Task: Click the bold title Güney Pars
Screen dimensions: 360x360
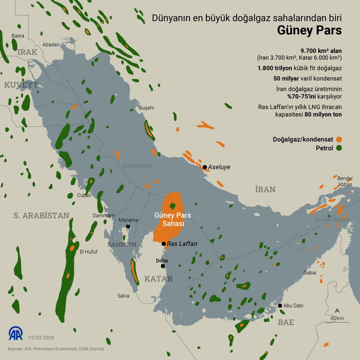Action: click(x=309, y=30)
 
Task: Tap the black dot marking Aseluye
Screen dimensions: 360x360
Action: click(x=205, y=167)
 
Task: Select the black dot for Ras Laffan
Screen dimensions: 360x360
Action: click(x=163, y=244)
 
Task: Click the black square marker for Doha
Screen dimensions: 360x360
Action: click(x=163, y=266)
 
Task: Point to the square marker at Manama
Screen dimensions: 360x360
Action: click(x=128, y=226)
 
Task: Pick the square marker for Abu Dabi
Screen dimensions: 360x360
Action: click(x=280, y=305)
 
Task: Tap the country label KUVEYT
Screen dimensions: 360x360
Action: click(x=21, y=85)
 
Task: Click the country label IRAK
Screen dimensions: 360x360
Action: click(x=27, y=52)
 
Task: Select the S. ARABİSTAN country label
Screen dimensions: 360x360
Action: click(x=41, y=215)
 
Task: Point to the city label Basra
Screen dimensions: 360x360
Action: click(x=18, y=36)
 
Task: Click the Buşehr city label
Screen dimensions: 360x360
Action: click(x=147, y=108)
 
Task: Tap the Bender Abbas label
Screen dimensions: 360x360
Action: click(x=345, y=181)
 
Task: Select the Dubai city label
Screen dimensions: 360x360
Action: click(x=310, y=273)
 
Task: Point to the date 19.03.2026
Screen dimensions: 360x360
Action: click(x=41, y=337)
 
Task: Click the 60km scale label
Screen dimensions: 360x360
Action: click(x=337, y=318)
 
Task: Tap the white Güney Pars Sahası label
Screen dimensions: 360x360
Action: click(x=172, y=219)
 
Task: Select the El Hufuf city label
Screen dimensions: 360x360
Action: click(x=89, y=252)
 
